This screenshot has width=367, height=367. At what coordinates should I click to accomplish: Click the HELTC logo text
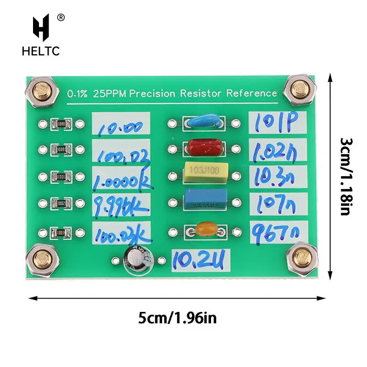[x=40, y=51]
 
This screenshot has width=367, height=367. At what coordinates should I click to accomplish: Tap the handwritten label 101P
[x=274, y=122]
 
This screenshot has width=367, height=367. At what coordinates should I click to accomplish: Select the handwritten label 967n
[x=274, y=231]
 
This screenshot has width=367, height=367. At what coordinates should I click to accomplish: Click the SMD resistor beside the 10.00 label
[x=61, y=123]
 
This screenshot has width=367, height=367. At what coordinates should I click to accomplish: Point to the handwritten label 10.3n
[x=274, y=177]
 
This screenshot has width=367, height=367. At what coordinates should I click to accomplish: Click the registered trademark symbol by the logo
[x=61, y=18]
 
